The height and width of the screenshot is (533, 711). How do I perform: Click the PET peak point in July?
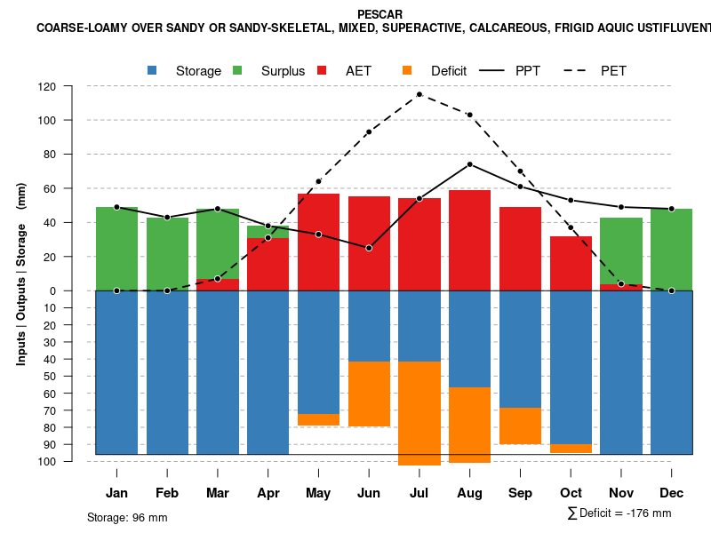click(419, 94)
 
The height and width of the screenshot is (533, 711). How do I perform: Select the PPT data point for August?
click(469, 164)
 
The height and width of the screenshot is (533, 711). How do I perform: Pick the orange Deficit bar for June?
click(369, 394)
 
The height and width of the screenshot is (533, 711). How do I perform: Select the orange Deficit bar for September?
click(520, 426)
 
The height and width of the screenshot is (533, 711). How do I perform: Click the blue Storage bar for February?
click(167, 373)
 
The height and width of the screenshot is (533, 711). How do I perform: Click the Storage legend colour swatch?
click(153, 70)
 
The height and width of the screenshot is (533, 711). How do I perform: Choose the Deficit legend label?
click(449, 71)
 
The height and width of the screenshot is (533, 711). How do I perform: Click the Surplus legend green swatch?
click(238, 70)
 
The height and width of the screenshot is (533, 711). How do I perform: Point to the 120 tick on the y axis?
click(47, 86)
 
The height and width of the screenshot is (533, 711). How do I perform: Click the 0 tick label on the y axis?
click(52, 290)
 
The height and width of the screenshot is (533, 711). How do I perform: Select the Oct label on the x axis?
click(571, 493)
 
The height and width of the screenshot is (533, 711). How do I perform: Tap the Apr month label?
click(268, 493)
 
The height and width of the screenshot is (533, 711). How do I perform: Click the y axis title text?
click(21, 274)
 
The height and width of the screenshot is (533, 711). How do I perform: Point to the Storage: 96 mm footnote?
click(127, 517)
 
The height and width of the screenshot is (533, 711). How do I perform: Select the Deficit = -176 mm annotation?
click(619, 513)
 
